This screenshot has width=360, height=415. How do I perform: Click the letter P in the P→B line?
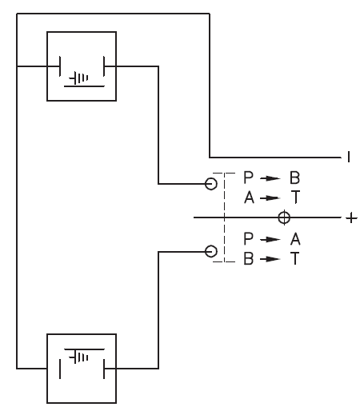248,178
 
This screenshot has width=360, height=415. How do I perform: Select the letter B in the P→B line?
294,178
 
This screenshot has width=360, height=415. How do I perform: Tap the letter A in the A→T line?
249,198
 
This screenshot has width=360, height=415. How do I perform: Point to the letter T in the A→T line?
295,198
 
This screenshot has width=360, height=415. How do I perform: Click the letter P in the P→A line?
248,239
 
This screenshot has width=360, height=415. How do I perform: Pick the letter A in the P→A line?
295,239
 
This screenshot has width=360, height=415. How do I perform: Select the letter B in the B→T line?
248,258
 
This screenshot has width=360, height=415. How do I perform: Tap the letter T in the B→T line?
295,258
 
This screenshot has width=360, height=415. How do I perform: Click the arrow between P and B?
270,178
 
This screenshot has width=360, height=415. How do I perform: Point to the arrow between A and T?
270,198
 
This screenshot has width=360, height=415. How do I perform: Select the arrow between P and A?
270,240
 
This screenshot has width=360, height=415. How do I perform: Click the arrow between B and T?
270,259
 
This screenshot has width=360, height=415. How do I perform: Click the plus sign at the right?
351,218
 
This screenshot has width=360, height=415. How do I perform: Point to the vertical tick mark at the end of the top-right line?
349,157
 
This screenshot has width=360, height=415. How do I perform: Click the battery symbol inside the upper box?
78,78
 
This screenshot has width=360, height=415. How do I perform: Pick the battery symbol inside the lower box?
78,357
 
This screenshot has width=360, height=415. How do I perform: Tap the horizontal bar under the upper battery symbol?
84,86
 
